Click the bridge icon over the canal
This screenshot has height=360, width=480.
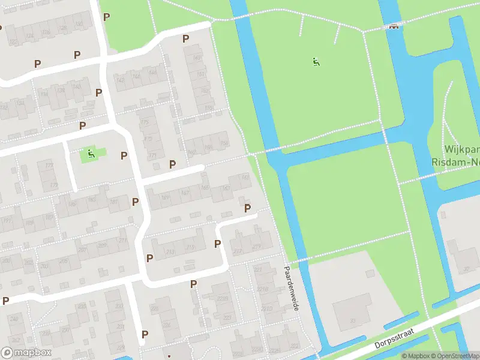(x=395, y=26)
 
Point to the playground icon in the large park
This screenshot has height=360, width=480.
(x=316, y=61)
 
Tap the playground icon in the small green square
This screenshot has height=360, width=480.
(x=91, y=154)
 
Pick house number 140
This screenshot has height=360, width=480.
(x=77, y=86)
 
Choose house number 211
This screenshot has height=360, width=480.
(x=123, y=241)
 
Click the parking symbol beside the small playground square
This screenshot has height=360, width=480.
(x=124, y=155)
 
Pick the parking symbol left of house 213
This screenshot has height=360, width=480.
(x=150, y=257)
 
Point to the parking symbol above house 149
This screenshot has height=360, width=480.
(x=185, y=38)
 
